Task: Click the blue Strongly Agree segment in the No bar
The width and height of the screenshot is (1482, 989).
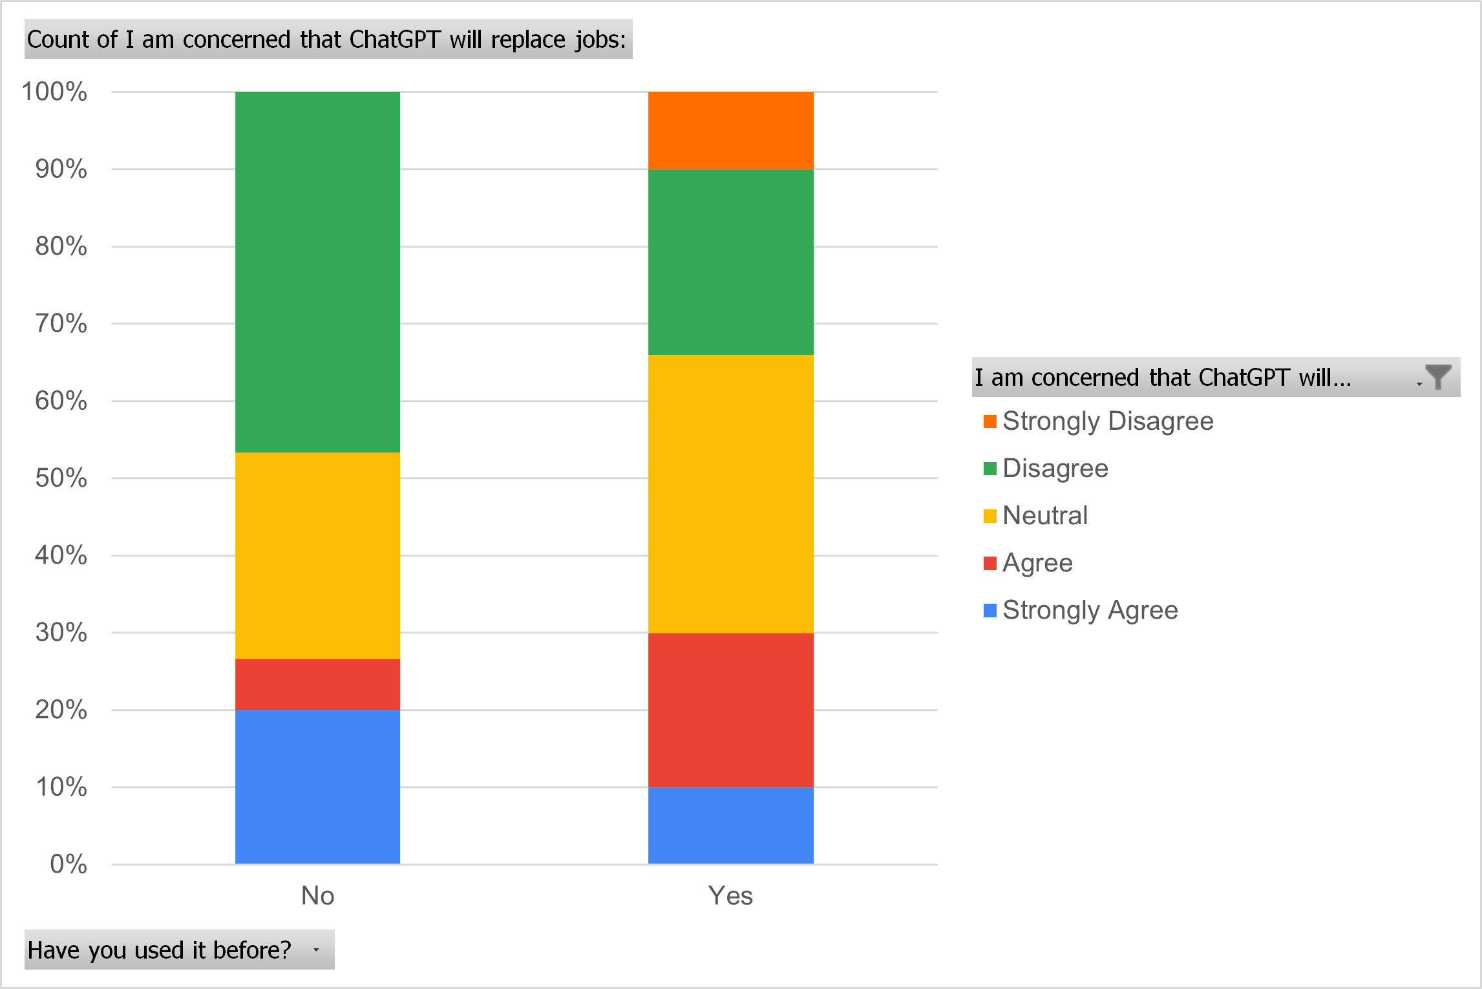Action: (x=317, y=787)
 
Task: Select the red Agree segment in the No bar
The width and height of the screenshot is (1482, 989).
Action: (x=317, y=684)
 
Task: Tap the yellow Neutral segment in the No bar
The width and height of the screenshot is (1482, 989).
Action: (x=317, y=555)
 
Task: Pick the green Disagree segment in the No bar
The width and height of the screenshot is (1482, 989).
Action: (x=317, y=271)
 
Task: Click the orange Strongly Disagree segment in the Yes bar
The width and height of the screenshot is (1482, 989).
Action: (x=730, y=130)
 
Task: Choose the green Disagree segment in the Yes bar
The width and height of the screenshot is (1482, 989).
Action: (x=730, y=262)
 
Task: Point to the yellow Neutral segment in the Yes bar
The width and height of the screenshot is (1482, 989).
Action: (x=730, y=493)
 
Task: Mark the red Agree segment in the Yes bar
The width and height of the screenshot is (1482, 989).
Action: (x=730, y=709)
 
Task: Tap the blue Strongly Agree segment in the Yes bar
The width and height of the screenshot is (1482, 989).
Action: (x=730, y=825)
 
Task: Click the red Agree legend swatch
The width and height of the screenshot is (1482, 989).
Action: (x=990, y=563)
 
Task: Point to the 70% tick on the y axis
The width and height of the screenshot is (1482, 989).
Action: (x=61, y=323)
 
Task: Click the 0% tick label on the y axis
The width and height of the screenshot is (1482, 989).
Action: (x=68, y=864)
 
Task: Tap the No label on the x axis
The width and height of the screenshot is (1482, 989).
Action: (x=317, y=896)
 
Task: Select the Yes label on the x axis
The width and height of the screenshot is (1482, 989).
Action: (x=730, y=896)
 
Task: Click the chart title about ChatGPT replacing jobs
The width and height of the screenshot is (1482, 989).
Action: (x=328, y=39)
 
